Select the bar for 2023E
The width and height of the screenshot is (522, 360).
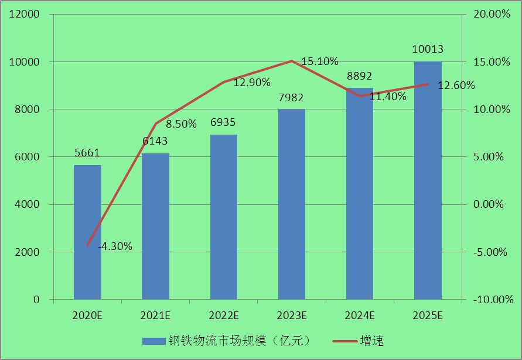tap(291, 204)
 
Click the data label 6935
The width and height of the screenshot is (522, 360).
tap(223, 122)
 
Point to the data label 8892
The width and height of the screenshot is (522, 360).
tap(359, 76)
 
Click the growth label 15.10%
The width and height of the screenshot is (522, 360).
tap(320, 61)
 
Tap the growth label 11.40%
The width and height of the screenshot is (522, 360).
tap(388, 97)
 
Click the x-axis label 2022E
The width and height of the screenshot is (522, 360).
tap(223, 316)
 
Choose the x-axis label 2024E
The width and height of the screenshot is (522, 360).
tap(359, 316)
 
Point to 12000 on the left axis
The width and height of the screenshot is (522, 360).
tap(26, 14)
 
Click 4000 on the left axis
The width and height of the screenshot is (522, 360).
tap(29, 204)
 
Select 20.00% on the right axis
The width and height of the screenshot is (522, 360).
tap(491, 14)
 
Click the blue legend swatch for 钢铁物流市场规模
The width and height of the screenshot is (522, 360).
tap(153, 340)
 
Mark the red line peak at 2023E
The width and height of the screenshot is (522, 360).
tap(291, 60)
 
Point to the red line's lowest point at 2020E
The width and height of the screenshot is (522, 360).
tap(87, 245)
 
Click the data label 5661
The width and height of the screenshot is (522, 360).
tap(87, 153)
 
